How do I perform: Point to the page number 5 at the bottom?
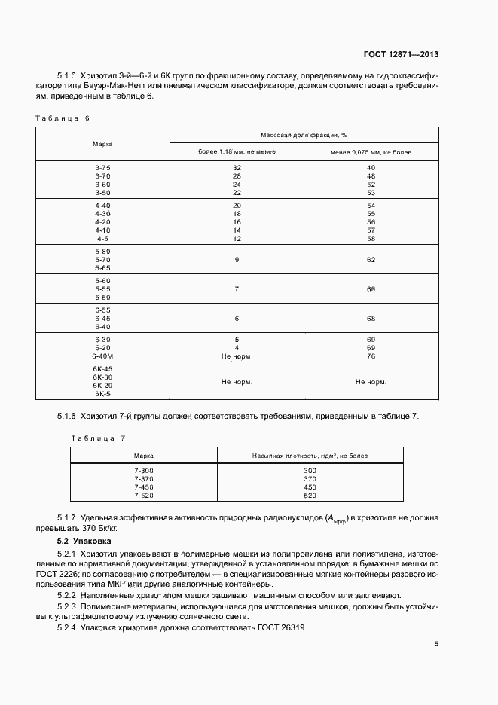click(436, 643)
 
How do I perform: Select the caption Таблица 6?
click(63, 118)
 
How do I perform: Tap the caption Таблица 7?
click(98, 438)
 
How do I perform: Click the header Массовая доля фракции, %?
click(304, 135)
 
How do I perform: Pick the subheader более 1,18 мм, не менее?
click(237, 152)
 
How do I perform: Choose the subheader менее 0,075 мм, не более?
click(370, 152)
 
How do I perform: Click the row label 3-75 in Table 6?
click(102, 167)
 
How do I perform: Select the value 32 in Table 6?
click(237, 167)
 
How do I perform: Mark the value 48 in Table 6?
click(371, 175)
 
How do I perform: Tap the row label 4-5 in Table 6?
click(102, 239)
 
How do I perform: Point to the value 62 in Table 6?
click(371, 259)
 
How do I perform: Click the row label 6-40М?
click(102, 356)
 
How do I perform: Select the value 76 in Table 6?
click(371, 356)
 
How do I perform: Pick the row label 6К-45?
click(102, 368)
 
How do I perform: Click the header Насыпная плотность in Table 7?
click(310, 456)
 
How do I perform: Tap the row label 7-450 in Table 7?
click(143, 487)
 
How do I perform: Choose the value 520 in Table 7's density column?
click(310, 496)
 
